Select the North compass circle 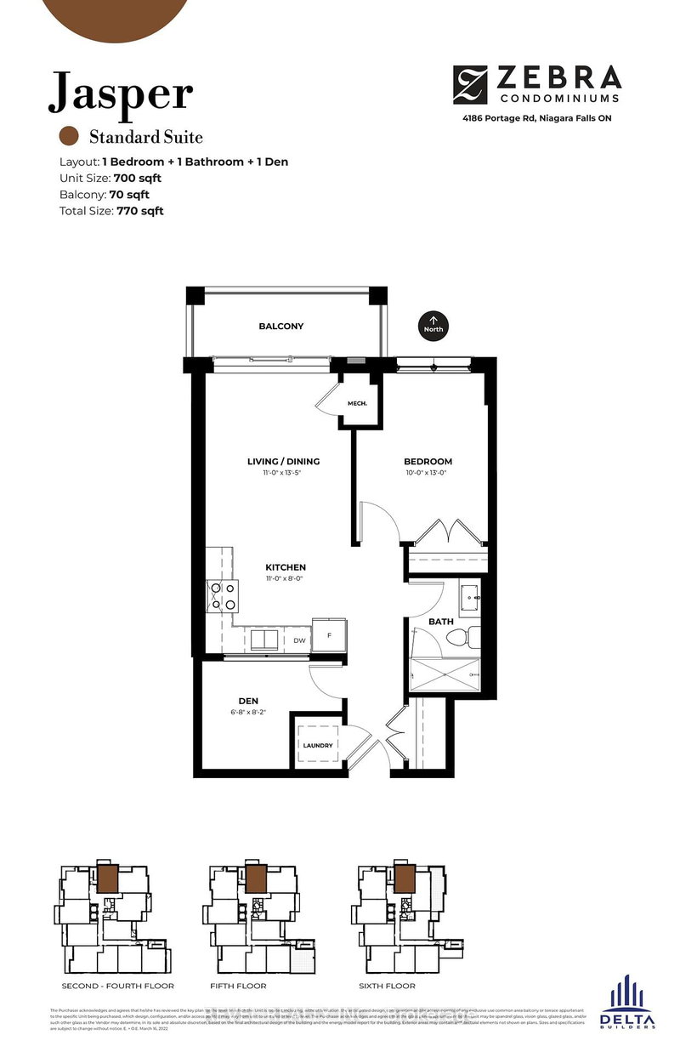pyautogui.click(x=432, y=325)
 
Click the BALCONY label pyautogui.click(x=280, y=327)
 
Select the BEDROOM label pyautogui.click(x=428, y=462)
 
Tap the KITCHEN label pyautogui.click(x=285, y=567)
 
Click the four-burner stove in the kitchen pyautogui.click(x=224, y=596)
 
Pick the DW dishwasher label pyautogui.click(x=299, y=640)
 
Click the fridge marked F pyautogui.click(x=327, y=634)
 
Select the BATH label pyautogui.click(x=440, y=622)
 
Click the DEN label pyautogui.click(x=248, y=702)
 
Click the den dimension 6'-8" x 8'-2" pyautogui.click(x=248, y=714)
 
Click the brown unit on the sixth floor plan pyautogui.click(x=404, y=877)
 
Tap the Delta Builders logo pyautogui.click(x=627, y=1004)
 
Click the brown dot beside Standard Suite pyautogui.click(x=69, y=136)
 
